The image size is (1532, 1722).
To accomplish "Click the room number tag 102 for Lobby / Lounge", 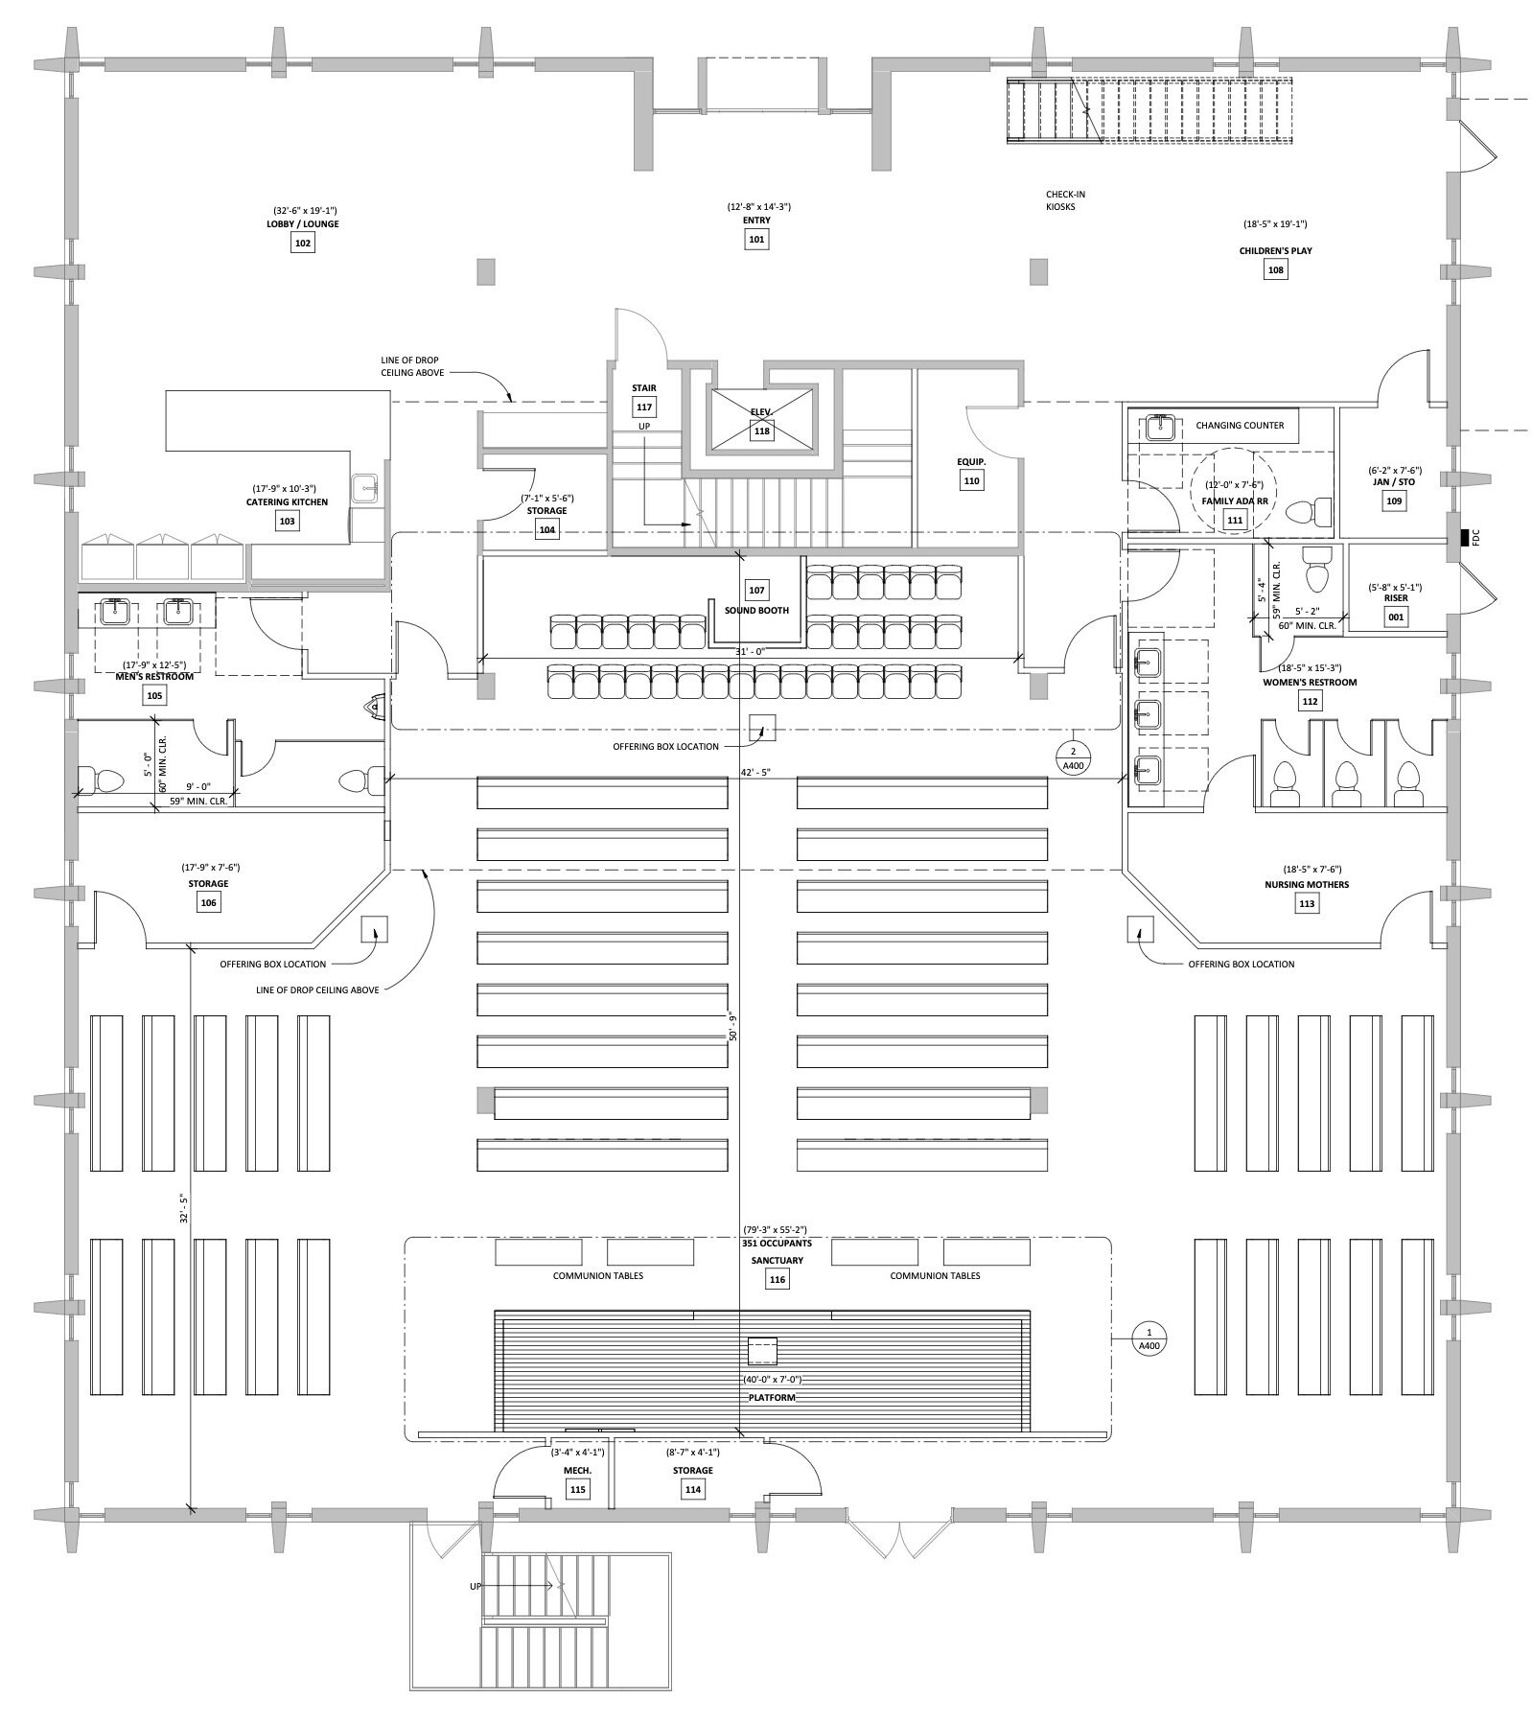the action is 303,244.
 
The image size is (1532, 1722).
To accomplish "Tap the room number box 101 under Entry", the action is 756,240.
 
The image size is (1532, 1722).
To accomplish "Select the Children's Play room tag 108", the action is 1275,270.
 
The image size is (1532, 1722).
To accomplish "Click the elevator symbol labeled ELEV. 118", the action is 761,421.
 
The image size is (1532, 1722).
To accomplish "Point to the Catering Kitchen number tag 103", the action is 287,521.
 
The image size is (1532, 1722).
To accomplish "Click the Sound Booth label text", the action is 756,611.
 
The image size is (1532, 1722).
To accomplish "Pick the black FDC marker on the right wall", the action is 1464,539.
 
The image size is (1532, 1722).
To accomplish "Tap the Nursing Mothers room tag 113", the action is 1307,903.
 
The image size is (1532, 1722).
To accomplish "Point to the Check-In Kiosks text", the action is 1065,200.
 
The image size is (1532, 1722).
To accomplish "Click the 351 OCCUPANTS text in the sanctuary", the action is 777,1244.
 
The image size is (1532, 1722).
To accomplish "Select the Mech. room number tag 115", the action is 577,1490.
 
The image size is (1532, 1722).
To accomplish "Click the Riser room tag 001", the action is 1396,617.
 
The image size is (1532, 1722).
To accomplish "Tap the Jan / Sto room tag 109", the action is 1394,501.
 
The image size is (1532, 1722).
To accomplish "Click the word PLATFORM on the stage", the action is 772,1397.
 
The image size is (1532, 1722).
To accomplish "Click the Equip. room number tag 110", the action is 972,481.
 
